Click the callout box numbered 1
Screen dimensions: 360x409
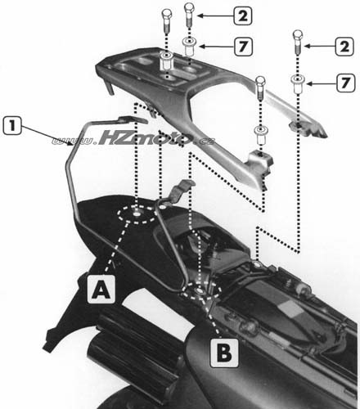coord(12,127)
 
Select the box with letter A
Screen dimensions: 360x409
coord(101,290)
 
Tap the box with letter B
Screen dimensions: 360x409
coord(224,353)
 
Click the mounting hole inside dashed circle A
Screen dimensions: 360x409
coord(136,213)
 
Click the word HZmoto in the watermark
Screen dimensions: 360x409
coord(145,139)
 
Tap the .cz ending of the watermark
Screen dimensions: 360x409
coord(204,141)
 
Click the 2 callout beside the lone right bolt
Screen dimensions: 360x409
coord(344,47)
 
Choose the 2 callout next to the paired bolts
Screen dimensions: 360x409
coord(242,16)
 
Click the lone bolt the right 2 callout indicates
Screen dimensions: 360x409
coord(298,42)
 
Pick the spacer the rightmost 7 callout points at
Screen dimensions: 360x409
coord(296,83)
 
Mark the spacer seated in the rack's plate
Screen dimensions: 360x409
coord(165,61)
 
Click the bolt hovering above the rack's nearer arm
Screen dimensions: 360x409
coord(260,88)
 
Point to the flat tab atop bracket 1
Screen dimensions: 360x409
coord(133,119)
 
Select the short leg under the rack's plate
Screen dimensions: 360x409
coord(108,88)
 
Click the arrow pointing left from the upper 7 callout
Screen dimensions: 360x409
coord(216,47)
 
